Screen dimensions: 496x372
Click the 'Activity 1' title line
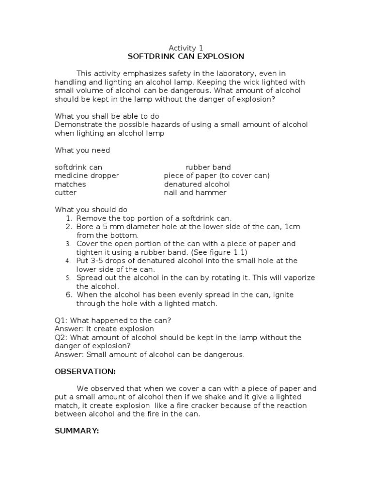186,47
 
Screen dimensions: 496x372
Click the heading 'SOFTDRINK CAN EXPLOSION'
186,56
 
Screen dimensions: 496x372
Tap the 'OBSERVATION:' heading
85,372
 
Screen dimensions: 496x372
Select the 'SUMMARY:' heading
77,431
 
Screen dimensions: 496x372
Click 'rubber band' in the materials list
208,167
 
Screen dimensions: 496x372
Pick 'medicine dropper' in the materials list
87,175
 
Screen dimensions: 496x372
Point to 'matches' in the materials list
70,184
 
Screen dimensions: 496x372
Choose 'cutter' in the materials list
65,192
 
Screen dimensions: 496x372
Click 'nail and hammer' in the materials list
195,192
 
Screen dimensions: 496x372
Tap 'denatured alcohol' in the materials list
197,184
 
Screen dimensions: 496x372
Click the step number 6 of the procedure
69,294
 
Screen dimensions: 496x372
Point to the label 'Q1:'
62,320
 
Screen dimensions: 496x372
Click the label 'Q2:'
62,337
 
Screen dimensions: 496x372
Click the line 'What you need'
82,150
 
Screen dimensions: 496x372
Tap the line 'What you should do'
91,210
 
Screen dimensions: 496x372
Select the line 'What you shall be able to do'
107,116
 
